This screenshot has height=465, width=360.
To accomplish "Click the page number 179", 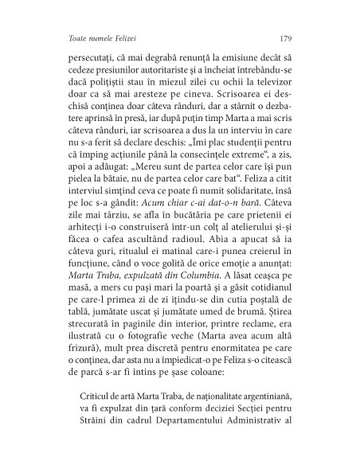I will pos(289,37).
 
